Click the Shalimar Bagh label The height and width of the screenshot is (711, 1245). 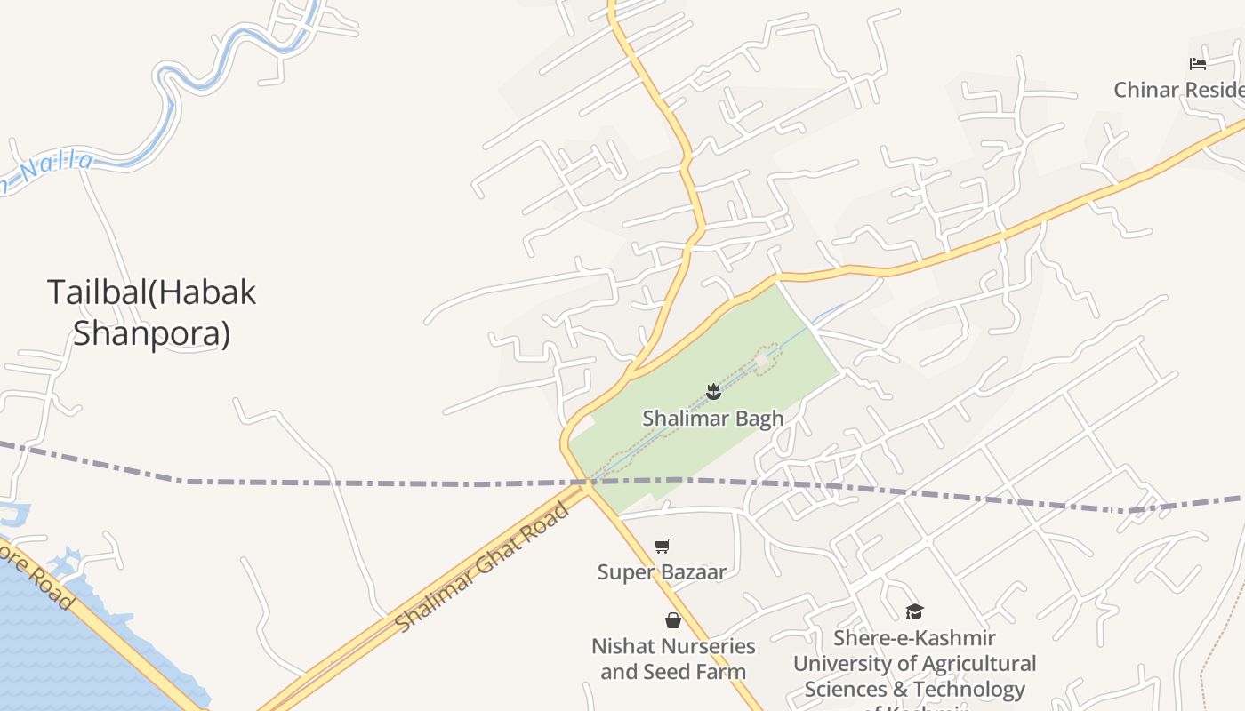[x=713, y=418]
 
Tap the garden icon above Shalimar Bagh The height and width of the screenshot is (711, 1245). [x=713, y=391]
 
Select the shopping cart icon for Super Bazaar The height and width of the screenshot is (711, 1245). [x=662, y=546]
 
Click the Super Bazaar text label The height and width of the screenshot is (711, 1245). [x=662, y=571]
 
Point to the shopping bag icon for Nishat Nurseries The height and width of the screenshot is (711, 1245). [x=673, y=619]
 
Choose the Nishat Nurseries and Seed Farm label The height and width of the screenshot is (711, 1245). [x=673, y=659]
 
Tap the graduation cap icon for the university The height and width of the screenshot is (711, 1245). [x=914, y=611]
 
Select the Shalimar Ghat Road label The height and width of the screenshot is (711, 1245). [x=481, y=567]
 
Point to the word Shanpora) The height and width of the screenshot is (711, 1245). [x=151, y=334]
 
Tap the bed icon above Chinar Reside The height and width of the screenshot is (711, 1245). [x=1198, y=64]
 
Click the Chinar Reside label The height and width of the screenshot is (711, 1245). [x=1179, y=90]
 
